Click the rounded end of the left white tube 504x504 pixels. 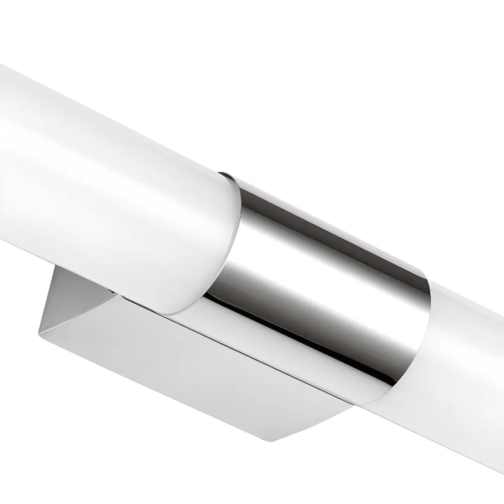click(217, 248)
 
